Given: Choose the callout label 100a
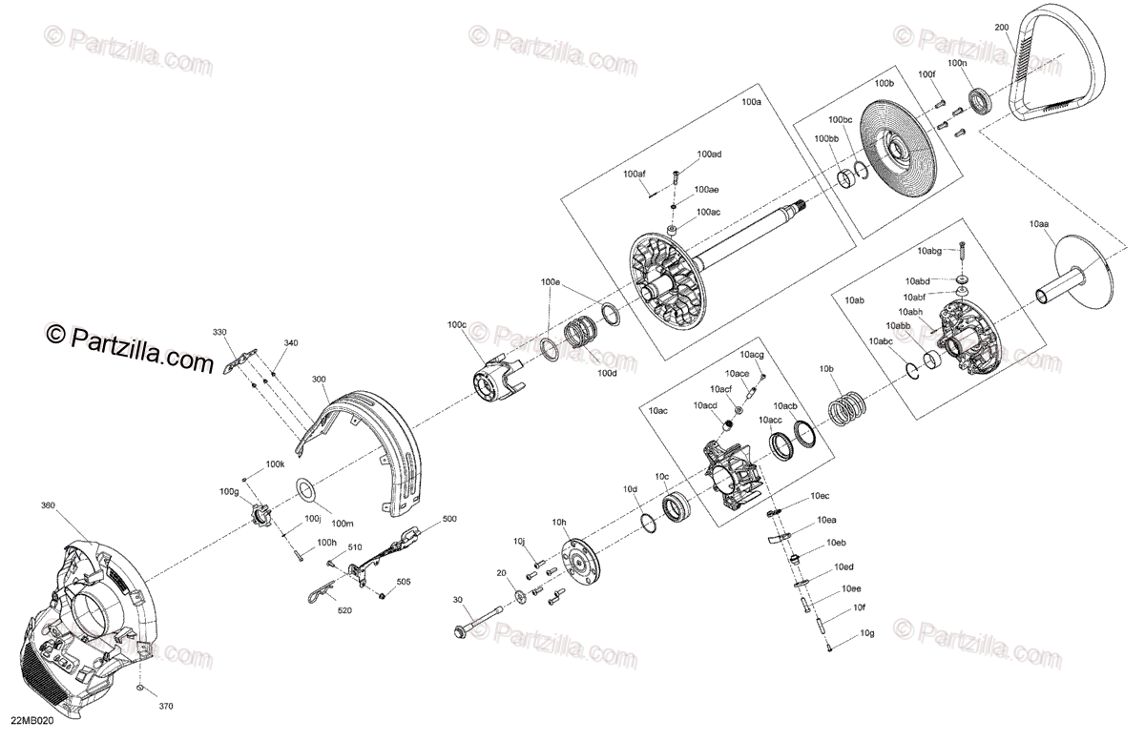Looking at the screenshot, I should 752,101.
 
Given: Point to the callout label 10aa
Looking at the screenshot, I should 1039,223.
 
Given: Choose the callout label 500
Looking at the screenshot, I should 449,520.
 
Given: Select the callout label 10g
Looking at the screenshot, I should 866,633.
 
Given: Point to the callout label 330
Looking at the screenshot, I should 219,332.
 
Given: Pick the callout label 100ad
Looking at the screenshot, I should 709,154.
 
